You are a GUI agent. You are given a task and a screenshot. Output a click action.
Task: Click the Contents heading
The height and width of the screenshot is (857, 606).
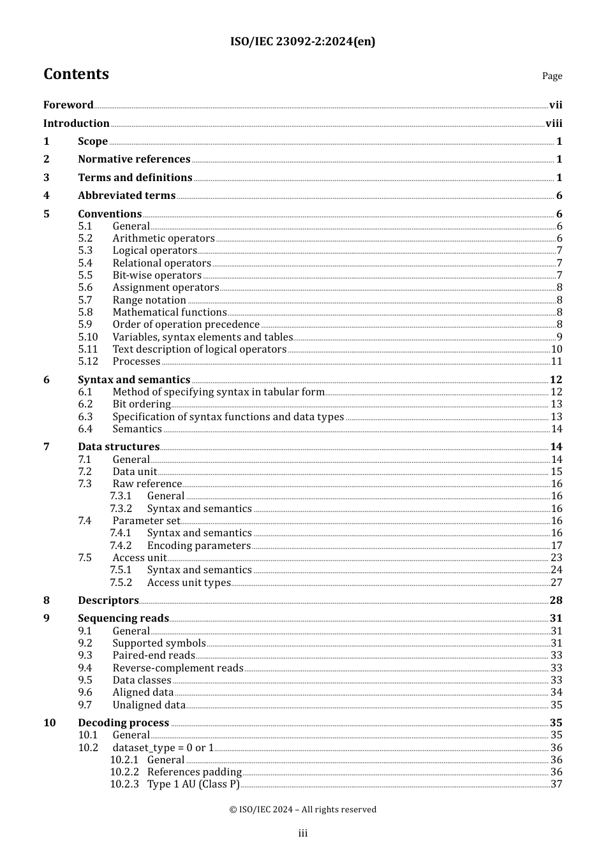point(76,75)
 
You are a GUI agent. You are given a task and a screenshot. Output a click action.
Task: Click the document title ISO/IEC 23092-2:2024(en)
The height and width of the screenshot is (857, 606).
point(302,41)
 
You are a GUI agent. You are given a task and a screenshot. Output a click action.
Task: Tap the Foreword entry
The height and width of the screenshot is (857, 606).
point(68,105)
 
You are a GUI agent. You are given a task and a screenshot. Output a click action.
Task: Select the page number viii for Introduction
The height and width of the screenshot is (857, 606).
point(554,124)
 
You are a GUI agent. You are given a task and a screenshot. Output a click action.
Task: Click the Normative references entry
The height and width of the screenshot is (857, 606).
point(134,159)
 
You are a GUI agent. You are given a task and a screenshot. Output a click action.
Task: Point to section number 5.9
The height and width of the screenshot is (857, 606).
point(85,325)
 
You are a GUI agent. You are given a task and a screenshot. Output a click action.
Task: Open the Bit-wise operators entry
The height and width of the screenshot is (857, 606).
point(157,275)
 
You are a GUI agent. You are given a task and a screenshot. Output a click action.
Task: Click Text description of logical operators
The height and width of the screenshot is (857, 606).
point(199,349)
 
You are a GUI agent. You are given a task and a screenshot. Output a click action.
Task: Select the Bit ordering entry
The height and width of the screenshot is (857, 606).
point(142,404)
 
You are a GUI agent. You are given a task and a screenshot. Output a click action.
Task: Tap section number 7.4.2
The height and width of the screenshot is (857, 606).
point(121,546)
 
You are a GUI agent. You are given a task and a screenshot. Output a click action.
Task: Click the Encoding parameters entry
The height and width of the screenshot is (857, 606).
point(198,546)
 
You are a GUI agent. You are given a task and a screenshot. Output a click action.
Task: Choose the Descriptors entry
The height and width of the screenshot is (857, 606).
point(108,601)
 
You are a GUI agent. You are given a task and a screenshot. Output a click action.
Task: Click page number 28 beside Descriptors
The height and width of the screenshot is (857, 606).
point(556,601)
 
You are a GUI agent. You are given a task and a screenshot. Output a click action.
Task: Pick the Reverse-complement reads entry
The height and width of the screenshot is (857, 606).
point(178,668)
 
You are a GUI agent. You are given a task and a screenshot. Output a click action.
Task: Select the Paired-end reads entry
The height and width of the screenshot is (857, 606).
point(154,656)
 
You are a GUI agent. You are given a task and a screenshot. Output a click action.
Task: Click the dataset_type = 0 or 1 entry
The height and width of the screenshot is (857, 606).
point(163,748)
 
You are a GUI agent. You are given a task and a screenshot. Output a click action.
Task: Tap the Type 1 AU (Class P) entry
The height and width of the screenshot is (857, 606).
point(193,784)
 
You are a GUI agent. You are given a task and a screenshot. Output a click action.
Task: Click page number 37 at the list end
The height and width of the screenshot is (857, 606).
point(556,784)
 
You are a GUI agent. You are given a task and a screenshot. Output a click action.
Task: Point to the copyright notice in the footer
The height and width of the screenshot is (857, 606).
point(302,810)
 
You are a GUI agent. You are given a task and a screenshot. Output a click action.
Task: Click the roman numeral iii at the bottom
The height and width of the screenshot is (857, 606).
point(303,833)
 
